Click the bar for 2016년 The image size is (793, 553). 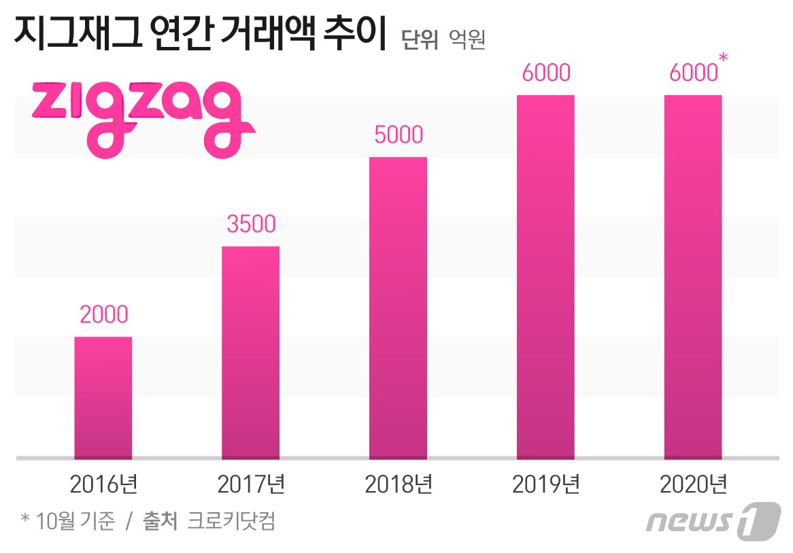pos(103,397)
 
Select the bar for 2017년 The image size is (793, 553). pos(250,352)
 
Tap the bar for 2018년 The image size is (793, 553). pos(398,307)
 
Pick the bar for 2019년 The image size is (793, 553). pos(545,277)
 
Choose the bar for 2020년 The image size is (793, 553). pos(692,277)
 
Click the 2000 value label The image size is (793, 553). pos(103,314)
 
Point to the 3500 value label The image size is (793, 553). pos(251,224)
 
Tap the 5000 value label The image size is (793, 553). pos(399,135)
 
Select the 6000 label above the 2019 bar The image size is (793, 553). pos(545,73)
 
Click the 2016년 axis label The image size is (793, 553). pos(103,485)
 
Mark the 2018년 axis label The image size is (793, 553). pos(399,485)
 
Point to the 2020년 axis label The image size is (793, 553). pos(693,485)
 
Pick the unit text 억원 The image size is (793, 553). pos(467,40)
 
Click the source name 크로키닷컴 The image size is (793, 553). pos(231,522)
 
